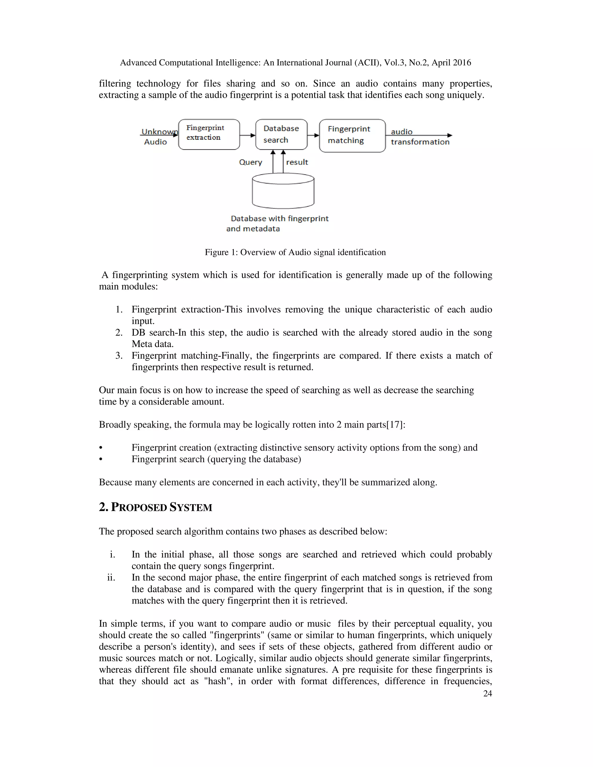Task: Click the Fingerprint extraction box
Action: coord(209,135)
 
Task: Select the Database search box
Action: coord(281,135)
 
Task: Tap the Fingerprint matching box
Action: coord(352,135)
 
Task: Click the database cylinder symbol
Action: coord(283,191)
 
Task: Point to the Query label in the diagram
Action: coord(250,162)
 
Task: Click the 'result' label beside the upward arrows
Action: coord(297,162)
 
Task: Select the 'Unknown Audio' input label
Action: coord(157,137)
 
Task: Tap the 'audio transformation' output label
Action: coord(420,137)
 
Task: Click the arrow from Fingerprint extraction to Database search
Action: coord(248,135)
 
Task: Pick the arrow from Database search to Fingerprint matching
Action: coord(313,135)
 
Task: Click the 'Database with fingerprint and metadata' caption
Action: coord(277,223)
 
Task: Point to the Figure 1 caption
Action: coord(295,252)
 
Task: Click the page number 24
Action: coord(488,693)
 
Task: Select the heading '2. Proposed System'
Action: coord(155,507)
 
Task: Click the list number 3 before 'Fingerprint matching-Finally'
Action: coord(119,355)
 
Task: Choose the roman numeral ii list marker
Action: coord(111,577)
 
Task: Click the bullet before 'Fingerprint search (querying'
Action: coord(101,459)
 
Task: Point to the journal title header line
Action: coord(295,63)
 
